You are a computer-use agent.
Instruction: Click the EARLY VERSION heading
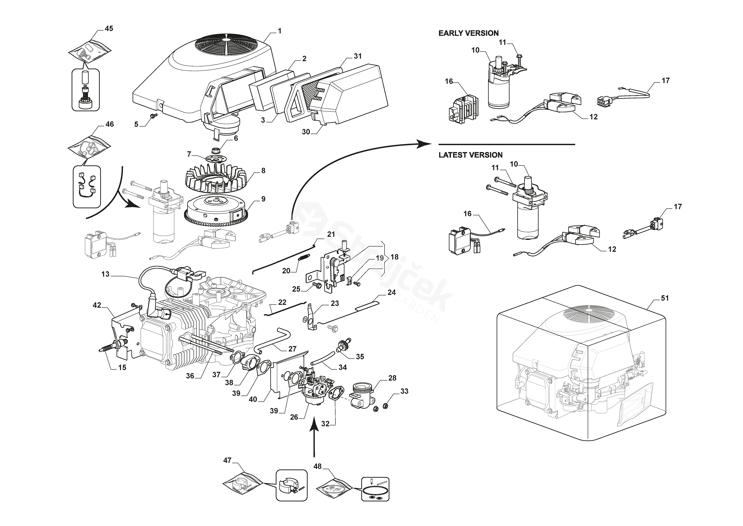[468, 33]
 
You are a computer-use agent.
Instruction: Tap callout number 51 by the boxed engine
[665, 298]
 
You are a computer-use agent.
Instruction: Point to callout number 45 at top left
[109, 28]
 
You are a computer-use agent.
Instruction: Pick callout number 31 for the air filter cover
[358, 56]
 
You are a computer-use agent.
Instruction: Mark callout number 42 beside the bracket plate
[97, 305]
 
